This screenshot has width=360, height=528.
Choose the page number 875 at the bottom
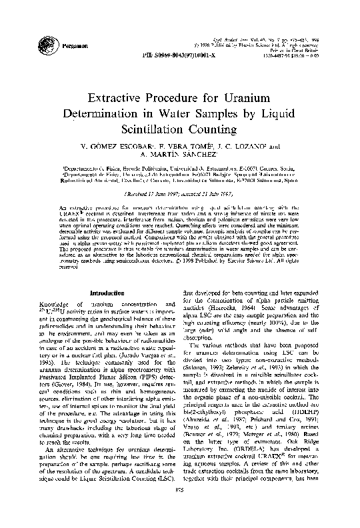pyautogui.click(x=180, y=510)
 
